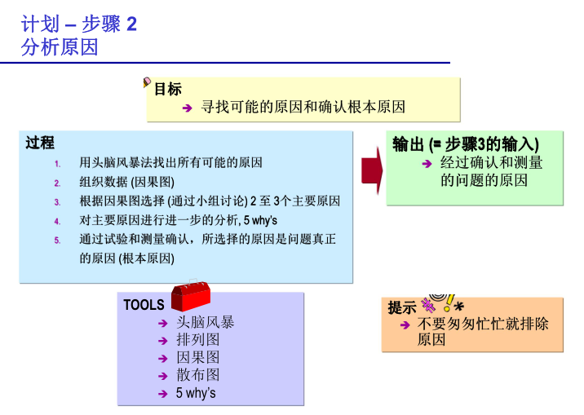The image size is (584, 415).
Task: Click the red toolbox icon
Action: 191,296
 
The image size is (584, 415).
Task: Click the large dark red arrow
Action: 372,170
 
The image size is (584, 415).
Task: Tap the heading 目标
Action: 168,90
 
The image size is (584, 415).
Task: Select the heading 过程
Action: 40,143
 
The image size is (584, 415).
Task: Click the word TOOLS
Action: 144,305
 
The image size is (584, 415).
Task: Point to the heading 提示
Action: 402,307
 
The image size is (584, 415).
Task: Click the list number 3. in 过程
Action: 57,202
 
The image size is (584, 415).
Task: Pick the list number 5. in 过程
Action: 57,240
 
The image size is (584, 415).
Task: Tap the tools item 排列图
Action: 197,339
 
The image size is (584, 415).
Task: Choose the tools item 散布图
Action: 197,374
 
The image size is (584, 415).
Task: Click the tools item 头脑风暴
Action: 206,322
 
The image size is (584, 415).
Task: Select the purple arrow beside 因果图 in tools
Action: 163,359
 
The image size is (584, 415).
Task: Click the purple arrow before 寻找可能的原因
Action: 187,108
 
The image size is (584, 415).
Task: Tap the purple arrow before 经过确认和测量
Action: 427,164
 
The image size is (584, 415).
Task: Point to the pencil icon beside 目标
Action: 146,82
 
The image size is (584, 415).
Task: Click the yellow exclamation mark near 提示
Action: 449,303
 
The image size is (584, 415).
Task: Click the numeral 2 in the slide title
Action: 132,24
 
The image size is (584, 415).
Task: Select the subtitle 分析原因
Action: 60,47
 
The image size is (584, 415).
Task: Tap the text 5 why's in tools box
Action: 196,393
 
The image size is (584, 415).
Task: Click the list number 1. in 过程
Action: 57,164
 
